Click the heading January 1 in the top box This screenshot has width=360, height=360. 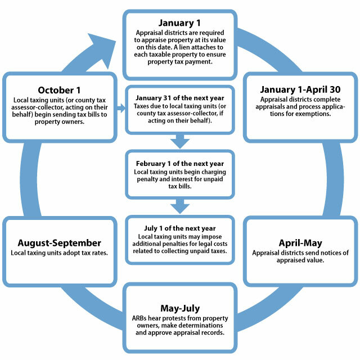click(x=179, y=23)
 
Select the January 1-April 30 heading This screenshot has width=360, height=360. click(x=300, y=89)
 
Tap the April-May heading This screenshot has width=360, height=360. click(x=300, y=243)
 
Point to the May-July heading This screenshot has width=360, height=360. click(x=180, y=309)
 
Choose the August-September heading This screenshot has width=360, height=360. click(x=59, y=243)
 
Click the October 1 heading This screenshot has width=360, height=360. click(x=59, y=90)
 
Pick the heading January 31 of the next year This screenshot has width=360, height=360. click(x=180, y=98)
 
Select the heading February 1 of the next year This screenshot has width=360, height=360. click(x=180, y=164)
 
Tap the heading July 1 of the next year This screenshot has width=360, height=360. click(x=180, y=228)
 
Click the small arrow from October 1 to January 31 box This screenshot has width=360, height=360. click(x=121, y=108)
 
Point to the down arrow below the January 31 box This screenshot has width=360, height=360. click(x=180, y=141)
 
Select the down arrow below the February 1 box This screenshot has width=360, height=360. click(x=180, y=206)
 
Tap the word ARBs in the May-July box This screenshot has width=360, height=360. click(x=139, y=318)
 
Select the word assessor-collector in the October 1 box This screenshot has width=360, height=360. click(x=38, y=107)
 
